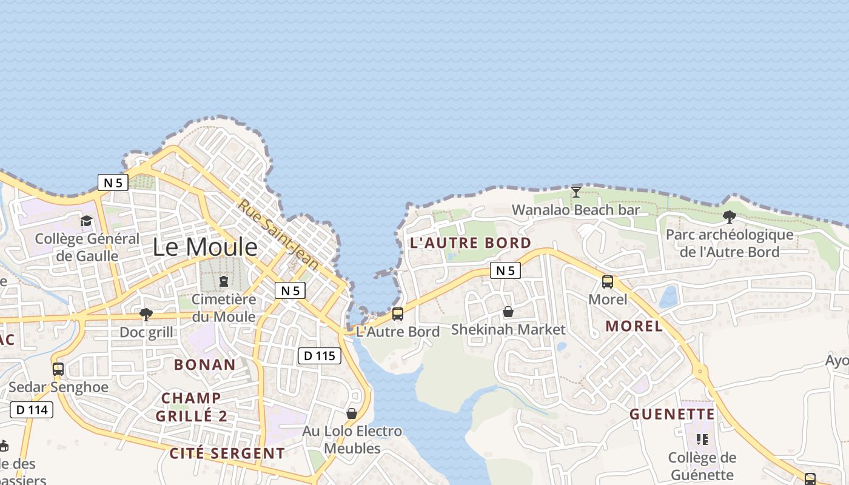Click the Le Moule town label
coord(204,247)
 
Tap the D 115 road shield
coord(320,356)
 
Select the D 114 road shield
coord(32,410)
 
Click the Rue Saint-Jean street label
coord(278,235)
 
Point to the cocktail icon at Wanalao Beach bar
coord(576,192)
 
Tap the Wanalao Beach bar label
coord(576,210)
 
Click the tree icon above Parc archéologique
coord(730,216)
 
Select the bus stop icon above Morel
coord(608,282)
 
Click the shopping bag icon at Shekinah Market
coord(508,312)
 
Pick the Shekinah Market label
coord(508,330)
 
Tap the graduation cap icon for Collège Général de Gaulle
coord(87,221)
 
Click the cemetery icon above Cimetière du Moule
coord(224,281)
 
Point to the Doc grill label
coord(146,332)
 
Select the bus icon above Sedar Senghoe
coord(58,369)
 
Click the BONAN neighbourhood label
coord(204,364)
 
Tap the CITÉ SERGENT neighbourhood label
coord(227,453)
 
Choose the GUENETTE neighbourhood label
coord(672,415)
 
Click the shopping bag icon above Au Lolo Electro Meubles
coord(352,413)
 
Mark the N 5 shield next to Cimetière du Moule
coord(290,290)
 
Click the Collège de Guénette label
coord(702,466)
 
